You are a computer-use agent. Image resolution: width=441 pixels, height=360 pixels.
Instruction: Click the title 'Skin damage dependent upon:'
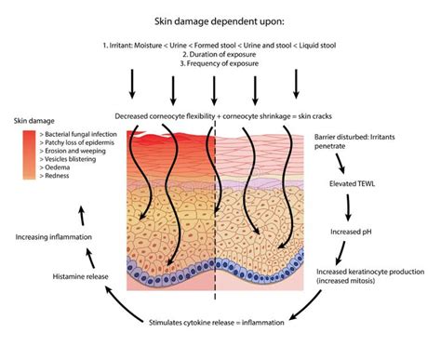click(x=220, y=18)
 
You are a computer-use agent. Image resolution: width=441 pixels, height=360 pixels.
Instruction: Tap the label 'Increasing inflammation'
click(x=53, y=237)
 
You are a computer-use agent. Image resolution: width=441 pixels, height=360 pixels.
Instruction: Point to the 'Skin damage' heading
click(x=35, y=121)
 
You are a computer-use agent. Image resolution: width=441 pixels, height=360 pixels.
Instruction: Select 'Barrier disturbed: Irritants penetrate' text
click(x=364, y=141)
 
